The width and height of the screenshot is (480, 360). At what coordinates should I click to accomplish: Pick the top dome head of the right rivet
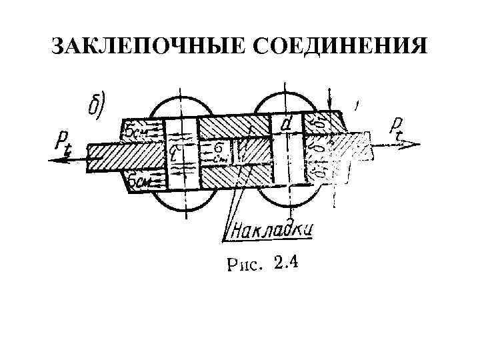[287, 100]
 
